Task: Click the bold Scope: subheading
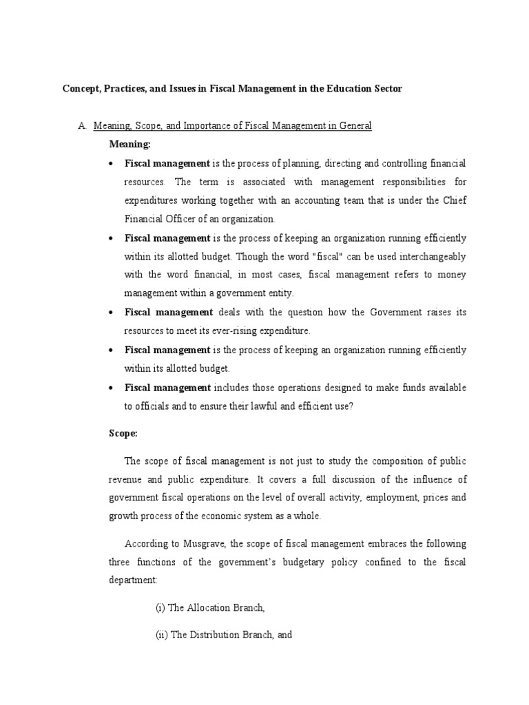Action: pos(125,434)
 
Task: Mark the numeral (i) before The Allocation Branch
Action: pos(160,609)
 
